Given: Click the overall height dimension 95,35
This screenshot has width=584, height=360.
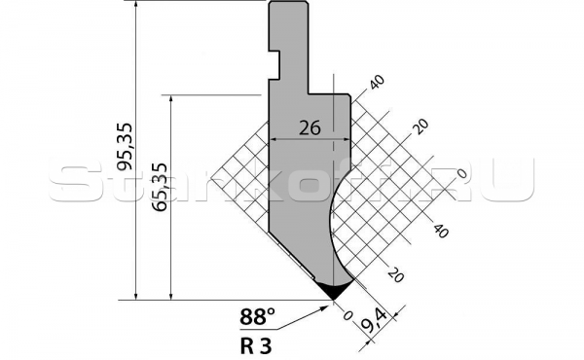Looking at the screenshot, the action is (x=125, y=146).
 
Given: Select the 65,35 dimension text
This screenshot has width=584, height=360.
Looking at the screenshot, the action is (x=161, y=187).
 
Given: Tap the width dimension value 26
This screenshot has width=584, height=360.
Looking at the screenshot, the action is (x=310, y=128).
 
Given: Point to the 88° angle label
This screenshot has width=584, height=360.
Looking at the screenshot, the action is (x=257, y=317).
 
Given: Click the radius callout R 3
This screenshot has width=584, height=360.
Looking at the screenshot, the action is (x=255, y=346).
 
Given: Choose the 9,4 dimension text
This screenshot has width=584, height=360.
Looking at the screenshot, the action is (x=375, y=320).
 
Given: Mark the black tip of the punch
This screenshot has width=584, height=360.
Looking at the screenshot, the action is (x=333, y=290).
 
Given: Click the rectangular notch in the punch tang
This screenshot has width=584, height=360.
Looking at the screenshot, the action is (x=274, y=65).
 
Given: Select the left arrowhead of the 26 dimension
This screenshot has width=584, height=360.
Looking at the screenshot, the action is (x=273, y=139).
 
